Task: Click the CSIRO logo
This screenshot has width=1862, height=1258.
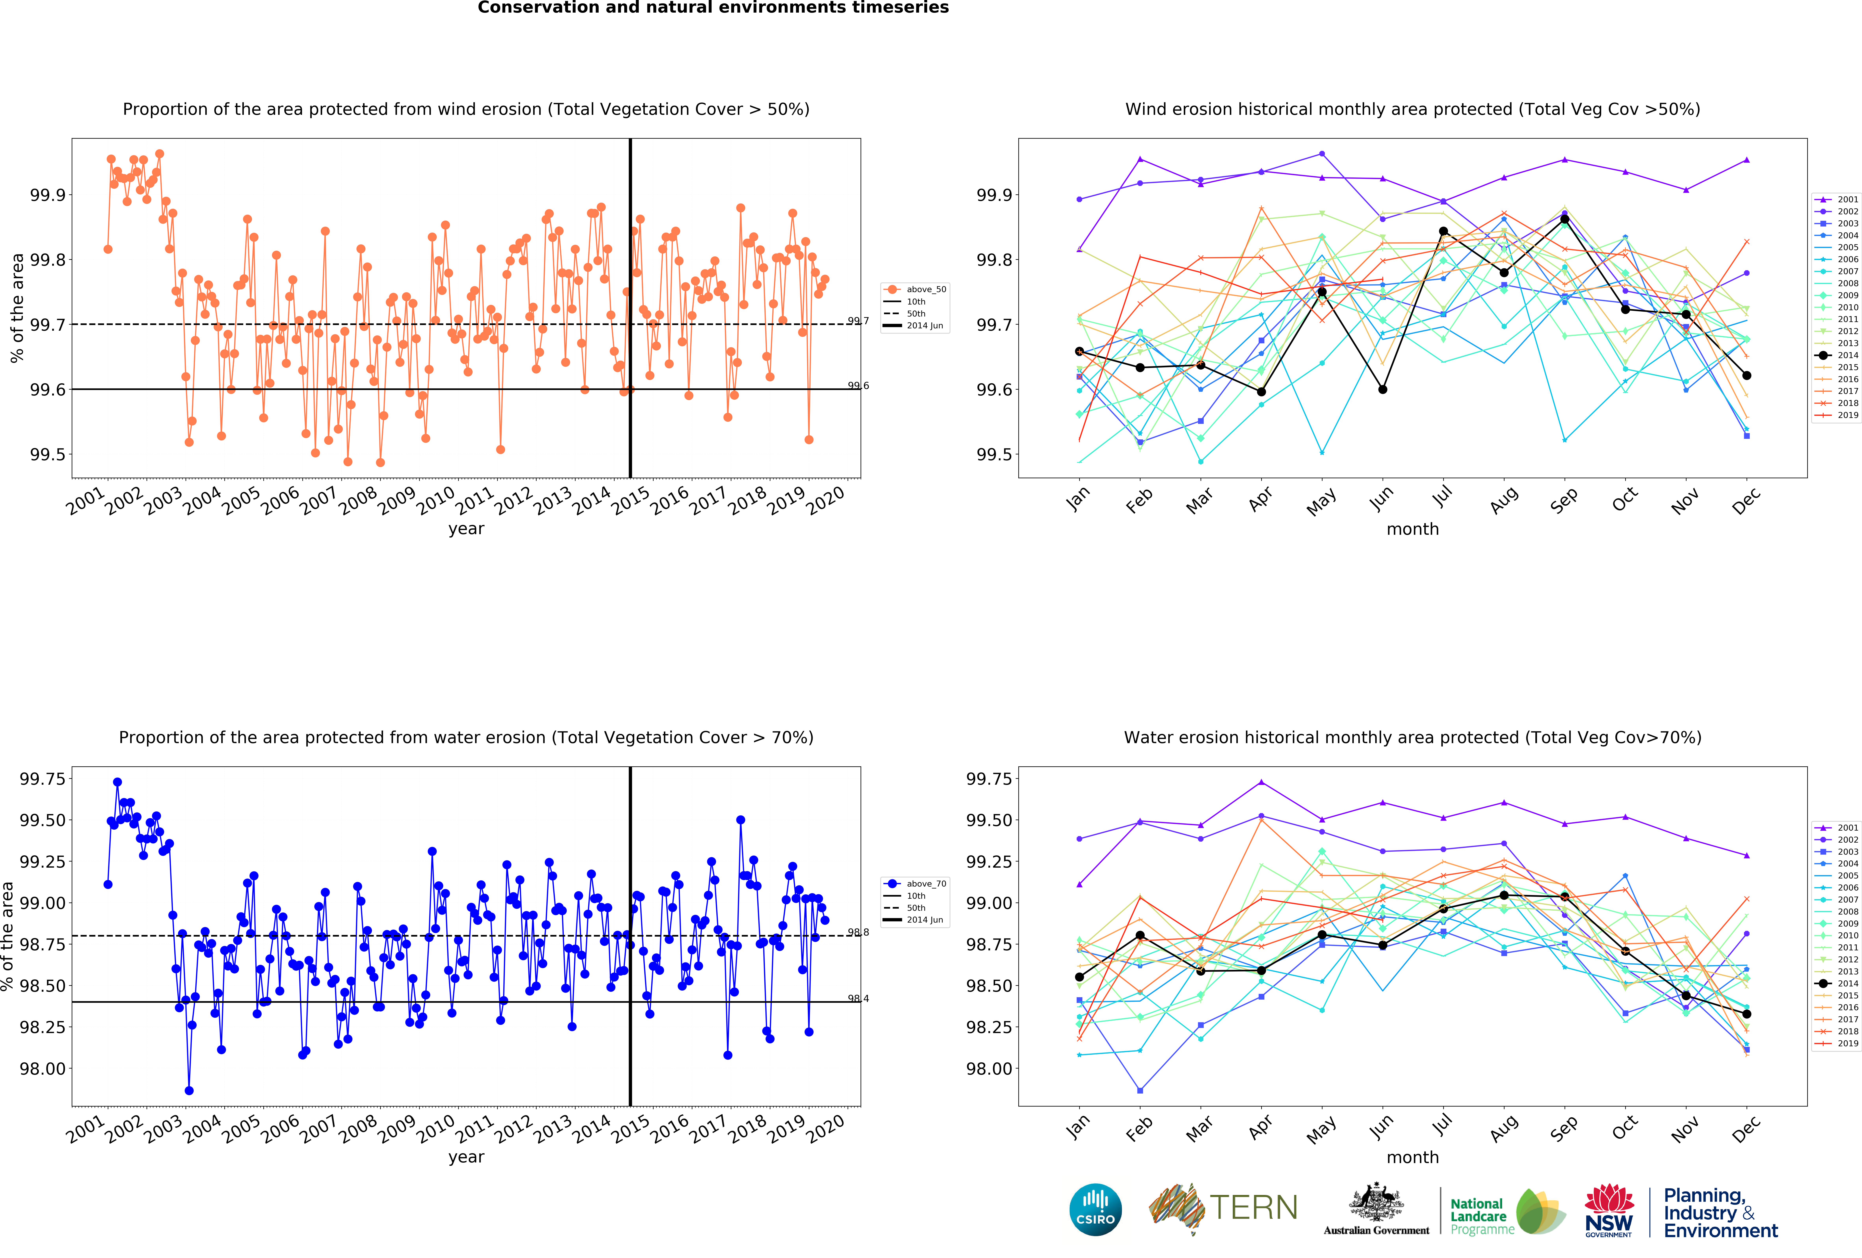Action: click(x=1095, y=1209)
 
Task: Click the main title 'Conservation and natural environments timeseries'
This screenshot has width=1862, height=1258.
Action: click(x=713, y=8)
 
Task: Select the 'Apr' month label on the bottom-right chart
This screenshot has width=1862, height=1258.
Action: click(x=1260, y=1127)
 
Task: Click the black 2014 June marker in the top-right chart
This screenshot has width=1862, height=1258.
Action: click(x=1383, y=389)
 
